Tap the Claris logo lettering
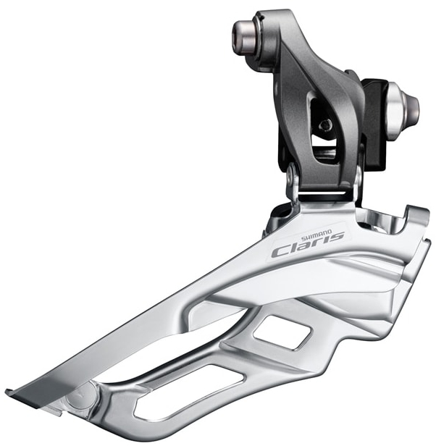click(x=309, y=244)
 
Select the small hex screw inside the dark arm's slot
click(x=324, y=125)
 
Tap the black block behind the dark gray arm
click(x=374, y=125)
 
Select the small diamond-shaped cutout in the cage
click(x=282, y=332)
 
